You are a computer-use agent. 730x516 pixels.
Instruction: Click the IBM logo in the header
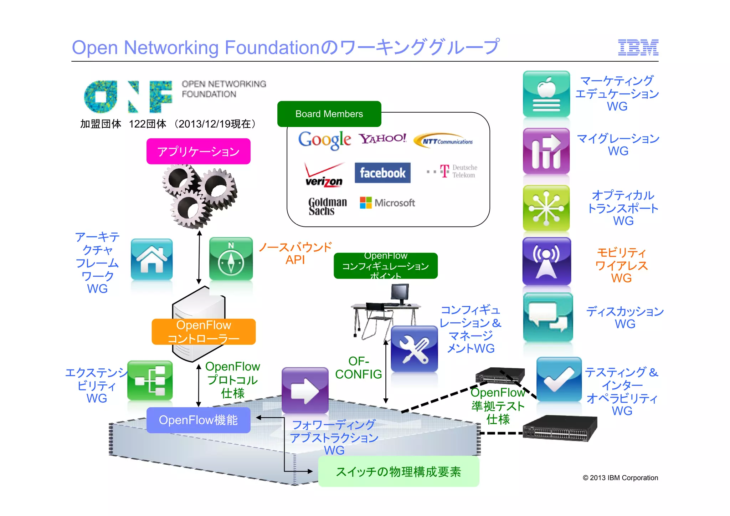coord(638,47)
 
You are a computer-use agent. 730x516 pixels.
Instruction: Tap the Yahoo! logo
coord(382,138)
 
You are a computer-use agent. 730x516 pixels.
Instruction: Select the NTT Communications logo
coord(444,141)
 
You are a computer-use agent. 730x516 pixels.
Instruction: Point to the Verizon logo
coord(324,175)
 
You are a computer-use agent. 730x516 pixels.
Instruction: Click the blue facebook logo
coord(382,173)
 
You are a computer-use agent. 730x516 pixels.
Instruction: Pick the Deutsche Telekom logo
coord(453,172)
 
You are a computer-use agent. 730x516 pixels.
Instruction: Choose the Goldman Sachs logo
coord(327,206)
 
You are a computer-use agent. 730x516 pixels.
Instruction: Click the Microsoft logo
coord(387,203)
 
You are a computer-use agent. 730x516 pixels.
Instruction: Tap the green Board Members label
coord(329,114)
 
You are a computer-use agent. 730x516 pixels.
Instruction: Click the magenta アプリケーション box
coord(198,152)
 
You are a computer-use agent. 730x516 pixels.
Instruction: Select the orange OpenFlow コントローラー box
coord(204,332)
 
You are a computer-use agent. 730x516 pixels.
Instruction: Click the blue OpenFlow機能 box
coord(198,420)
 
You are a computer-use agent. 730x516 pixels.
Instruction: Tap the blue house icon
coord(152,259)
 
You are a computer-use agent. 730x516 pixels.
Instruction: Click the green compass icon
coord(231,259)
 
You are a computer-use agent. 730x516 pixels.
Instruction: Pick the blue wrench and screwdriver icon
coord(414,349)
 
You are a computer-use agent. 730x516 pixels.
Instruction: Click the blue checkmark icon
coord(559,379)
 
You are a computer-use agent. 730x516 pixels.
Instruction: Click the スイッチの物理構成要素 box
coord(399,472)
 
